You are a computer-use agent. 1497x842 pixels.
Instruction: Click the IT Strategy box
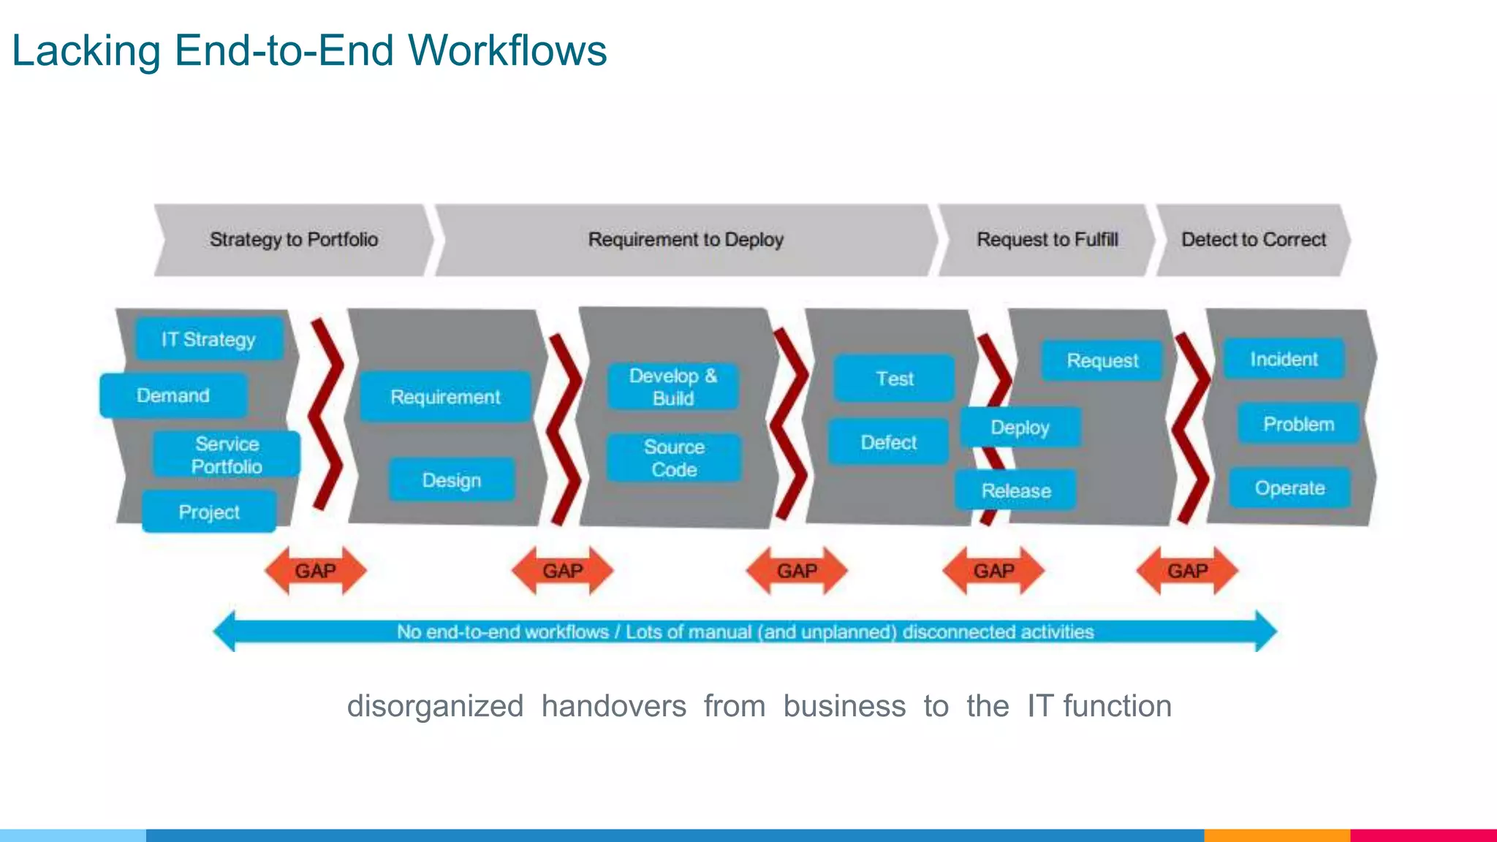click(209, 338)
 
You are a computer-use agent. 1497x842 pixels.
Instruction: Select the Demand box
click(173, 395)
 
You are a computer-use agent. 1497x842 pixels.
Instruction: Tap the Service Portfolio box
click(226, 455)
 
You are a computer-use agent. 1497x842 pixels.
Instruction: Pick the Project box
click(209, 512)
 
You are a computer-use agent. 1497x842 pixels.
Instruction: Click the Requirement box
click(445, 397)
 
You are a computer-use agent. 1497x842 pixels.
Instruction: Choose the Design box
click(451, 480)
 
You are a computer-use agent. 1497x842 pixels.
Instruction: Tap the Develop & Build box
click(672, 387)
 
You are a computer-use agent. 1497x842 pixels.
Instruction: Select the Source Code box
click(673, 458)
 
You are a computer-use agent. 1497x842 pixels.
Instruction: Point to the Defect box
click(888, 442)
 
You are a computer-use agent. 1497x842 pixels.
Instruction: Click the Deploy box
click(1020, 428)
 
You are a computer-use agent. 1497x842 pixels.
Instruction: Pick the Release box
click(1015, 490)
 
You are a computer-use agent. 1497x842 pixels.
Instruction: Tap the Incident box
click(1284, 359)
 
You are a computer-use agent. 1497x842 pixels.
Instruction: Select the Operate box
click(1289, 488)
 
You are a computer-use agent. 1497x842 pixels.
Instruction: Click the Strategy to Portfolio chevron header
click(293, 240)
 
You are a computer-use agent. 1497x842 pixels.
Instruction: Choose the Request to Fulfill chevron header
click(1047, 240)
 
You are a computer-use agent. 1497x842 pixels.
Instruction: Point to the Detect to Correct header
click(1253, 240)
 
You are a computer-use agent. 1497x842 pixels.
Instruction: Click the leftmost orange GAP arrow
click(315, 570)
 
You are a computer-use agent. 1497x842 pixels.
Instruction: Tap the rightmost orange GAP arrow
click(1187, 570)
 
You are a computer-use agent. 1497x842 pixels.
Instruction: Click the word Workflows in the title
click(507, 51)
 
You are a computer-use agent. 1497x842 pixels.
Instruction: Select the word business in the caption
click(844, 706)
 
